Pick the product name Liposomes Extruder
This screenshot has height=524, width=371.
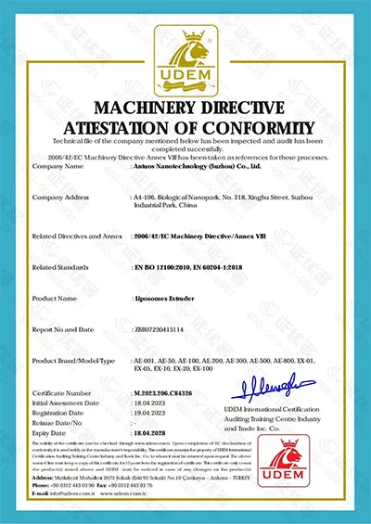pos(164,300)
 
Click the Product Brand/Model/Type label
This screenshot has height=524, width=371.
pos(73,358)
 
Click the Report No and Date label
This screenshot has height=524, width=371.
pos(65,328)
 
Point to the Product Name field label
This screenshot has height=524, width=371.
pos(57,300)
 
